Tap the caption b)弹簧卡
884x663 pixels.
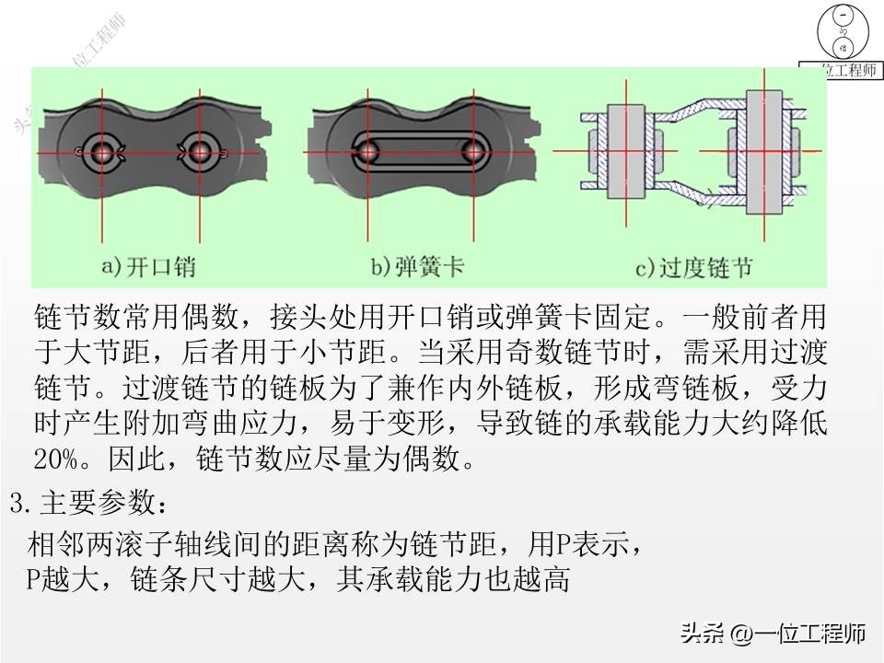417,267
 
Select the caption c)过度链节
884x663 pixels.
694,268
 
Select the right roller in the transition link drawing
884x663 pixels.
760,149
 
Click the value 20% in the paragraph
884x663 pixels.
53,458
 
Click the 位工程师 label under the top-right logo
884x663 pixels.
843,70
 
